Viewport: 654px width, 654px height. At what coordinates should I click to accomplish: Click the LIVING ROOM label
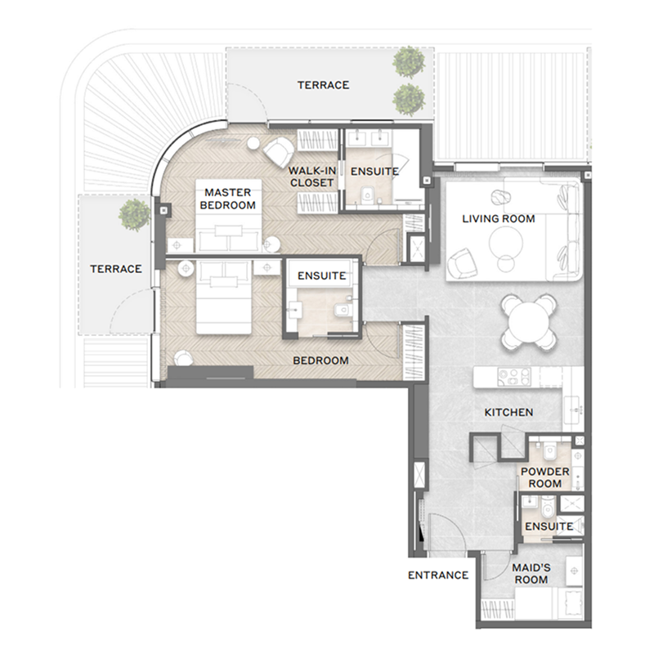(498, 218)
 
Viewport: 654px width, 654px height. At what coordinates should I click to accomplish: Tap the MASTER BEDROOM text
(228, 199)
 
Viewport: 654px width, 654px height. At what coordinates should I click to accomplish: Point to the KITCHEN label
(508, 413)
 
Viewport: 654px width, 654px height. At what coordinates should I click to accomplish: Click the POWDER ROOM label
(540, 477)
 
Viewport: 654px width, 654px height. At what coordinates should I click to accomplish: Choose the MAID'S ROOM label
(530, 573)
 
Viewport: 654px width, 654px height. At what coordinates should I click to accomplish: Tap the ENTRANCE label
(438, 575)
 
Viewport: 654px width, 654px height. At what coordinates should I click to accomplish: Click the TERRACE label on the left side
(115, 268)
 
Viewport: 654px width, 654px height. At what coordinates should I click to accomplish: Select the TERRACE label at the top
(323, 85)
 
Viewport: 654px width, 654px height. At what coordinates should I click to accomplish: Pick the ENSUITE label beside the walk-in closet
(374, 172)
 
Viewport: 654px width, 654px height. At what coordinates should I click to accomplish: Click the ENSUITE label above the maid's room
(549, 526)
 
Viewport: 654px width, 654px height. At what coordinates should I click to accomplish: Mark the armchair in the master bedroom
(275, 151)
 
